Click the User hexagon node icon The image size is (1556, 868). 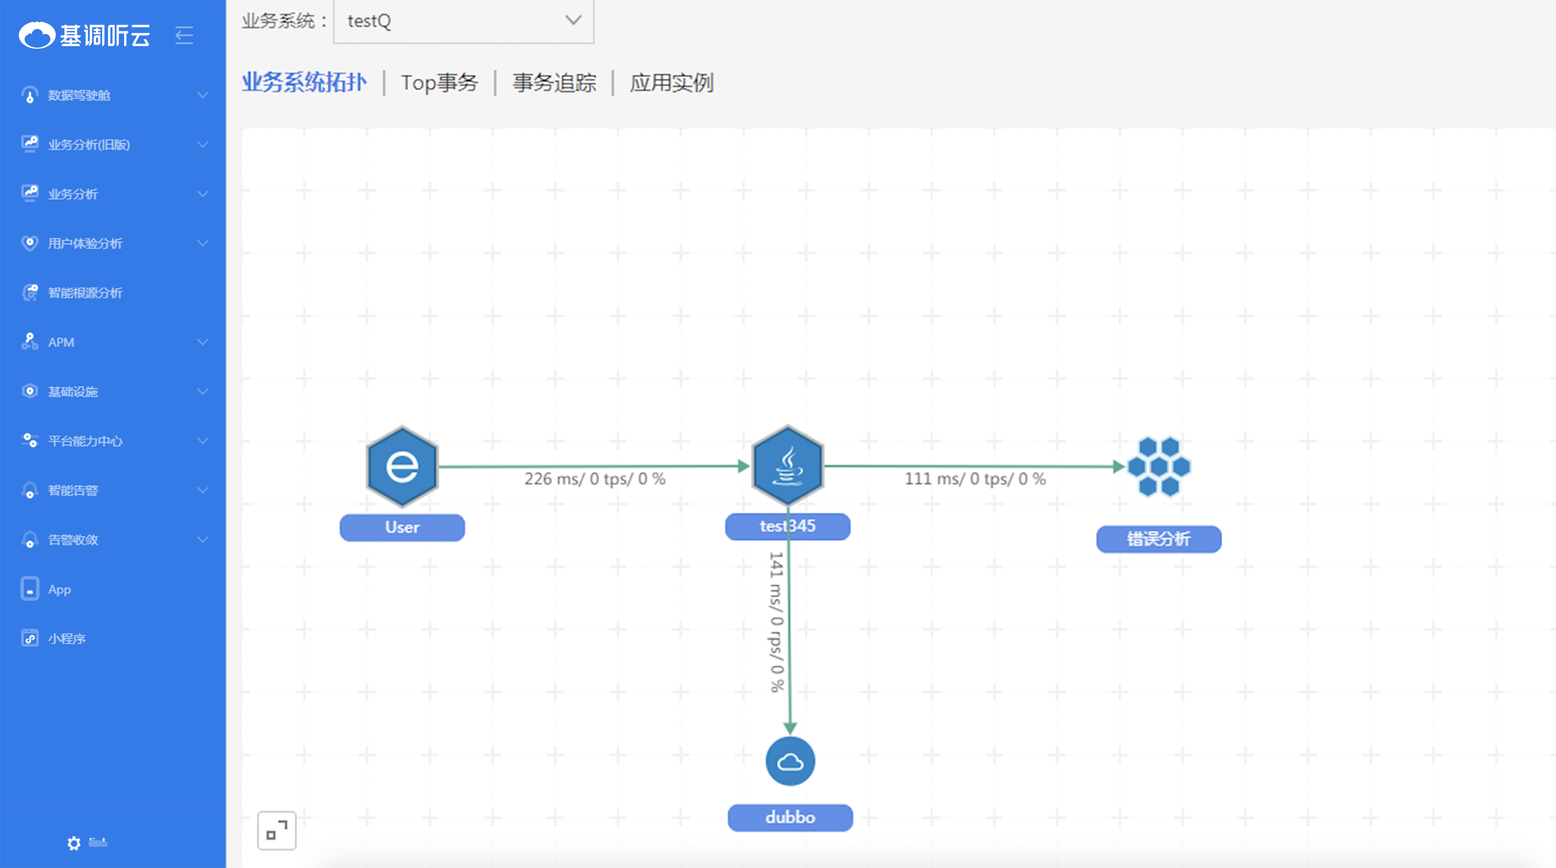402,466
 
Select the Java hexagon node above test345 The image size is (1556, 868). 787,466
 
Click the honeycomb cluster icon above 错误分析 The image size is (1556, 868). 1158,466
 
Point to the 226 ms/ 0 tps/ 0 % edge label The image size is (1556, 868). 594,479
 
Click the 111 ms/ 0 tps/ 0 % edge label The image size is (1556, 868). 975,479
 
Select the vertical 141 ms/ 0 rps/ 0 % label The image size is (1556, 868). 776,622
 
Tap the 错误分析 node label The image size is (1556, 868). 1158,539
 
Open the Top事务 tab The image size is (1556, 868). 439,83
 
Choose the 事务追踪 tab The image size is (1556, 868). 554,83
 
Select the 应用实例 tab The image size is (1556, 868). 671,83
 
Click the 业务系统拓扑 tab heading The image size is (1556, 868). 304,83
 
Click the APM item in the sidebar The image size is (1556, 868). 61,343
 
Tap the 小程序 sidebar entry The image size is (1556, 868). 67,639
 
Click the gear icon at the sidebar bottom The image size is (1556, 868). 74,843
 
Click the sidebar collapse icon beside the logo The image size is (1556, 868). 184,35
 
